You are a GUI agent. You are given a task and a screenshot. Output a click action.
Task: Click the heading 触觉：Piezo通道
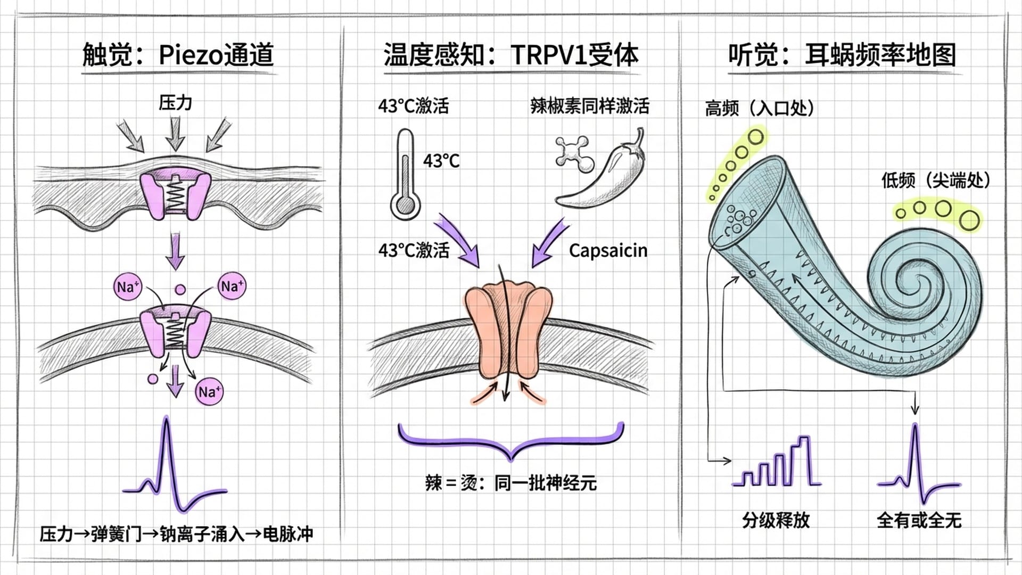point(178,55)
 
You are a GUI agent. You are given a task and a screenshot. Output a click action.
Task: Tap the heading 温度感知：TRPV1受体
point(510,55)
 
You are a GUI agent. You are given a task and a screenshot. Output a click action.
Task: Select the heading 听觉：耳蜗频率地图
point(842,55)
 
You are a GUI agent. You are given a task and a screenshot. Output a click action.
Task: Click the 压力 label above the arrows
point(175,102)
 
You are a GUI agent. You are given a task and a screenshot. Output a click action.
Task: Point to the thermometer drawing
point(405,176)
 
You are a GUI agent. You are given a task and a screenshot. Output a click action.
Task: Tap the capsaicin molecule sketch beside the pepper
point(573,154)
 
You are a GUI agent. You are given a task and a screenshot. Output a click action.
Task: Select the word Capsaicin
point(608,250)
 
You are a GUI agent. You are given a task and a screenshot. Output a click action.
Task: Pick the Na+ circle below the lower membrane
point(208,392)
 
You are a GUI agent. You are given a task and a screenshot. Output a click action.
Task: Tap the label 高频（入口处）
point(760,108)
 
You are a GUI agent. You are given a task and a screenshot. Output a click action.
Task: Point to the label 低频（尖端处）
point(935,180)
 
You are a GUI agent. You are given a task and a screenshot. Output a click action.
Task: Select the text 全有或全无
point(919,520)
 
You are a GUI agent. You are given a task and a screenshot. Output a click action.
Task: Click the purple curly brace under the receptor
point(510,442)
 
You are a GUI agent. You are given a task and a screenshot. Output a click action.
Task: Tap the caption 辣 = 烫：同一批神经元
point(510,483)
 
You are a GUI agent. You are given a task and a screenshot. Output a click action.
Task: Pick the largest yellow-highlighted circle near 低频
point(970,220)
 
